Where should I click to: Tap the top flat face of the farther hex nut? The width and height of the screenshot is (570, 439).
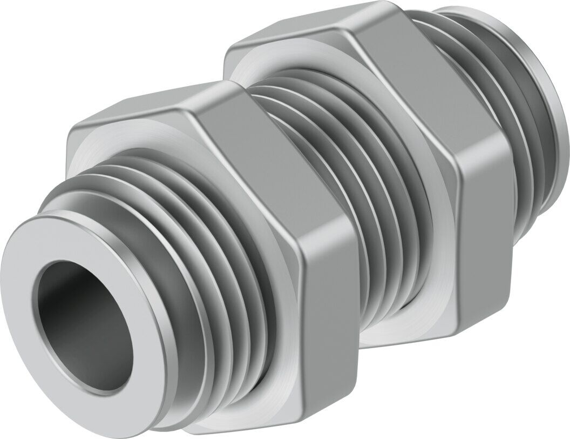pos(302,32)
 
